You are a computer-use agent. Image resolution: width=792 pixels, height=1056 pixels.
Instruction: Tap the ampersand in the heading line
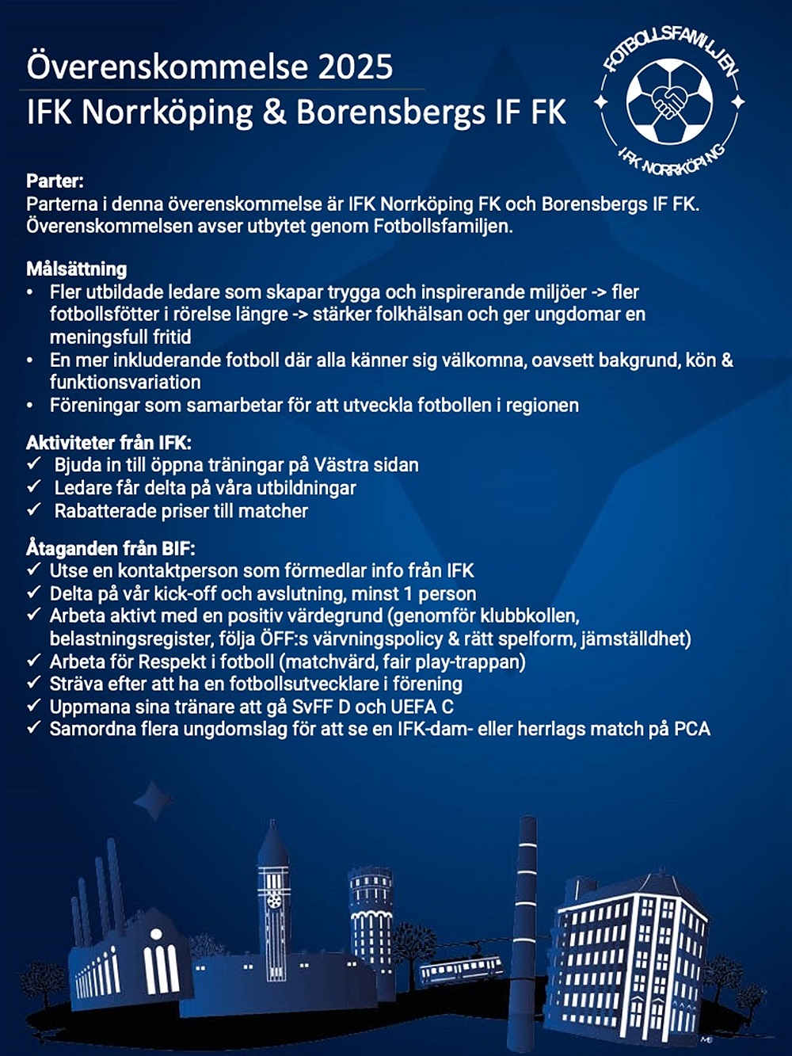click(x=274, y=112)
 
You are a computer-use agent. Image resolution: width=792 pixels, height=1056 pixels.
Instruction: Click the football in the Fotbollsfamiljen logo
click(x=669, y=101)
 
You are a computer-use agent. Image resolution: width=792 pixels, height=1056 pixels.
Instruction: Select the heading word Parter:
click(x=55, y=181)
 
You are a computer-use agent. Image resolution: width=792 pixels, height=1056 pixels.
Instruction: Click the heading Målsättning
click(x=76, y=269)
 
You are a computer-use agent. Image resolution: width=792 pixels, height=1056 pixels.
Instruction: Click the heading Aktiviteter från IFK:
click(x=109, y=442)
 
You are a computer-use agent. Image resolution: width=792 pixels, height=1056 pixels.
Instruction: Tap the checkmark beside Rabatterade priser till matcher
click(x=34, y=509)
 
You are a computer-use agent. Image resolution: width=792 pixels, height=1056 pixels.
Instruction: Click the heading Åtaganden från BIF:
click(x=110, y=547)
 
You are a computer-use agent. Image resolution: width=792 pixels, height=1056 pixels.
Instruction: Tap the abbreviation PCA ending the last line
click(x=691, y=729)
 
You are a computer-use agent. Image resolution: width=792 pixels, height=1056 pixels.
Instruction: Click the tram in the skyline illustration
click(x=461, y=968)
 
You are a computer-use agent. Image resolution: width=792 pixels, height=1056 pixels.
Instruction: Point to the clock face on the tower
click(x=273, y=901)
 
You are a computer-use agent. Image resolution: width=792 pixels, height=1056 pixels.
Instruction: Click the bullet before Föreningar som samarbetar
click(x=30, y=406)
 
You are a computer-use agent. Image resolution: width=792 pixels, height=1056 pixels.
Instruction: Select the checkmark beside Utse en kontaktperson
click(x=33, y=570)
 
